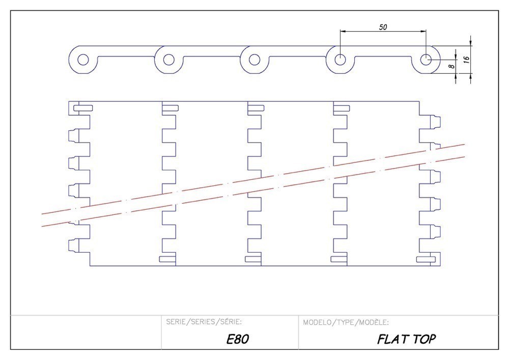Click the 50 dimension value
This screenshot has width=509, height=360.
(382, 27)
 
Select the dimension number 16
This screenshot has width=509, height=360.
(465, 59)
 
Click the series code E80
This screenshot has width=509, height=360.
(237, 339)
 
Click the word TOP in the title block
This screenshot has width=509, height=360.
(425, 339)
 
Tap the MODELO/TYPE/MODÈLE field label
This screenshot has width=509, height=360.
(346, 322)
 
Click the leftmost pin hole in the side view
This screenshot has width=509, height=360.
(82, 60)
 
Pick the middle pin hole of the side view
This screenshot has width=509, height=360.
(254, 60)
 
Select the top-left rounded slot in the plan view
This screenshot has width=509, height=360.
(83, 107)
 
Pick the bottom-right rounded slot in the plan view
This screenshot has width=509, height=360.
(426, 260)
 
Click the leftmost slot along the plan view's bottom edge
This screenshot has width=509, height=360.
(168, 259)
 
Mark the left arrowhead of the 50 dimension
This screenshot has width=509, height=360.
(343, 32)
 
